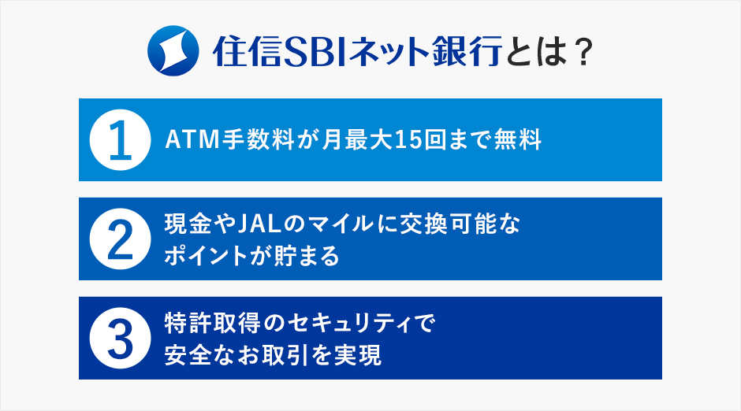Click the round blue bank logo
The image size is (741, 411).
pyautogui.click(x=173, y=50)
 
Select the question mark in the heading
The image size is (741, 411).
pyautogui.click(x=583, y=51)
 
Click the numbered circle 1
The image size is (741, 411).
pyautogui.click(x=120, y=139)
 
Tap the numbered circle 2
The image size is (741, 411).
pyautogui.click(x=120, y=239)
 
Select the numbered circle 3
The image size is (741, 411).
pyautogui.click(x=120, y=338)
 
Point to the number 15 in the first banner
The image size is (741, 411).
pyautogui.click(x=408, y=139)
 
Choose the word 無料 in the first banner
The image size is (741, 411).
pyautogui.click(x=518, y=139)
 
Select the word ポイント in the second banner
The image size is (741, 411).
pyautogui.click(x=211, y=256)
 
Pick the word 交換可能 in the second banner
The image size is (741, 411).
pyautogui.click(x=447, y=224)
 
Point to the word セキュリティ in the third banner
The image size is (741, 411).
pyautogui.click(x=352, y=324)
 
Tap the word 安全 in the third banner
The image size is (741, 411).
pyautogui.click(x=188, y=355)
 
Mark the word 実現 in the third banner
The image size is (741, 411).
pyautogui.click(x=357, y=355)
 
